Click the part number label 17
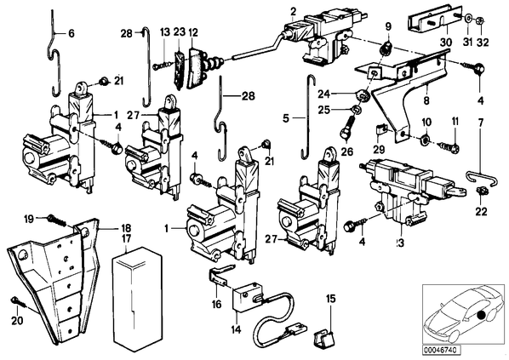[x=126, y=239]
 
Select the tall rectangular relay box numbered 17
[x=137, y=299]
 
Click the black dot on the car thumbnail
[x=481, y=315]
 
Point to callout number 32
[x=483, y=43]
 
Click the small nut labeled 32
[x=481, y=21]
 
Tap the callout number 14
[x=237, y=329]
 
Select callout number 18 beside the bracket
[x=126, y=228]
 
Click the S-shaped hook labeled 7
[x=478, y=180]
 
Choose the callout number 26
[x=346, y=151]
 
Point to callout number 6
[x=71, y=33]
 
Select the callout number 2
[x=293, y=12]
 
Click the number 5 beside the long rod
[x=286, y=119]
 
